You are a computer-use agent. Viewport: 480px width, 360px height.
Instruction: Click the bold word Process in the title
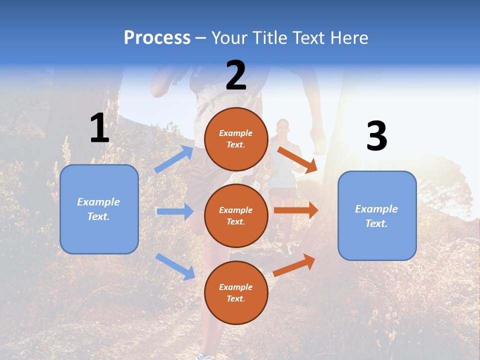[x=157, y=38]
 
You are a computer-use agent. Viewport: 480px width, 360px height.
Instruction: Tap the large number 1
[x=99, y=128]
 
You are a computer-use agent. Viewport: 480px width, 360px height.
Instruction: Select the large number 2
[x=236, y=75]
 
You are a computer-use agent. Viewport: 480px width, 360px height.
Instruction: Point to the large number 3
[x=376, y=136]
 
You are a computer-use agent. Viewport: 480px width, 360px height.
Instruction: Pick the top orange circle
[x=236, y=139]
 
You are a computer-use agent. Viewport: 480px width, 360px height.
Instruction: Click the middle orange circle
[x=236, y=215]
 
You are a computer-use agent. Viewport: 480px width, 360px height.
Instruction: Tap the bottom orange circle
[x=236, y=292]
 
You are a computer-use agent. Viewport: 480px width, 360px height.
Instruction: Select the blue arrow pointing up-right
[x=174, y=159]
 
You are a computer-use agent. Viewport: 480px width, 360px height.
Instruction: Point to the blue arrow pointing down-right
[x=175, y=266]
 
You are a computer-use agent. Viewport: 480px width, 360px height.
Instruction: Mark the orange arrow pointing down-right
[x=297, y=159]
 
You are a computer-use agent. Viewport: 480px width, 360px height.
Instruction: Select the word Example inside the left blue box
[x=98, y=202]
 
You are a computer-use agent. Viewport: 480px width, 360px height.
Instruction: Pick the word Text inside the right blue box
[x=376, y=223]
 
